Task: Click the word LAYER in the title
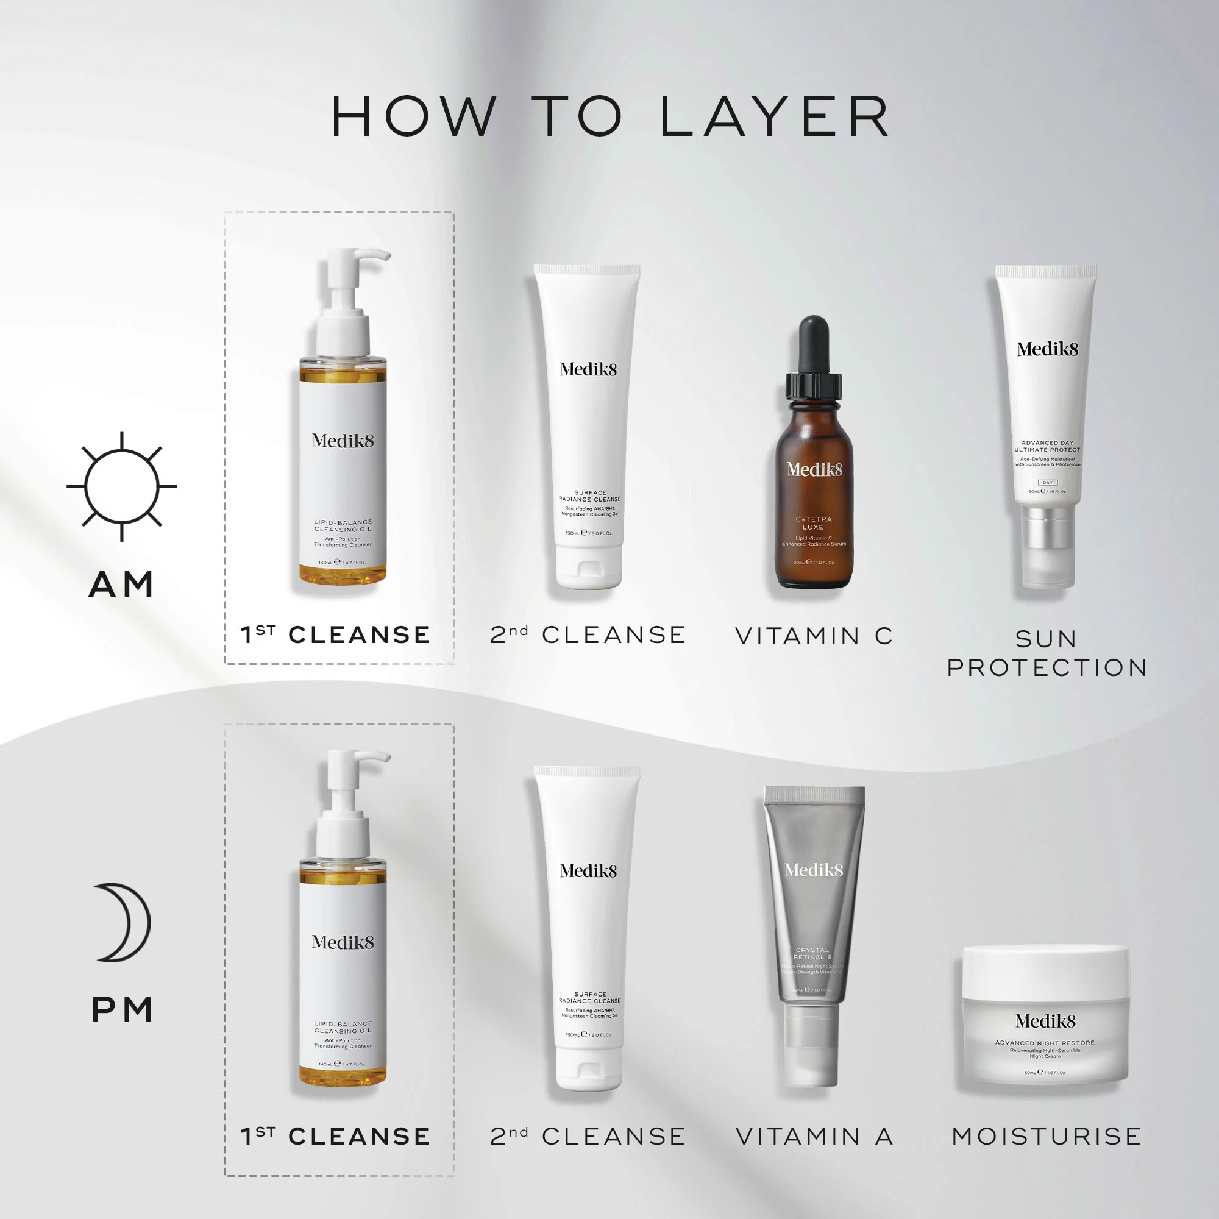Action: pyautogui.click(x=775, y=117)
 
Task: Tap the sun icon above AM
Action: pyautogui.click(x=122, y=486)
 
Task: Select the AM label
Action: pyautogui.click(x=122, y=585)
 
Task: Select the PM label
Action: pyautogui.click(x=123, y=1009)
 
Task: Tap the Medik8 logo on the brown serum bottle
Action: pyautogui.click(x=814, y=469)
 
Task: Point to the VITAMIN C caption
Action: pyautogui.click(x=814, y=636)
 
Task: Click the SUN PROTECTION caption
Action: pyautogui.click(x=1047, y=653)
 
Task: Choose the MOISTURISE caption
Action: pyautogui.click(x=1047, y=1136)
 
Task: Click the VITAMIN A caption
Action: pyautogui.click(x=814, y=1136)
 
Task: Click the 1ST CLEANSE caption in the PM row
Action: pyautogui.click(x=336, y=1136)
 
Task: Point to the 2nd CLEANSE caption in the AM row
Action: pyautogui.click(x=588, y=634)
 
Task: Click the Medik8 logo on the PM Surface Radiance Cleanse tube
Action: pyautogui.click(x=588, y=871)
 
